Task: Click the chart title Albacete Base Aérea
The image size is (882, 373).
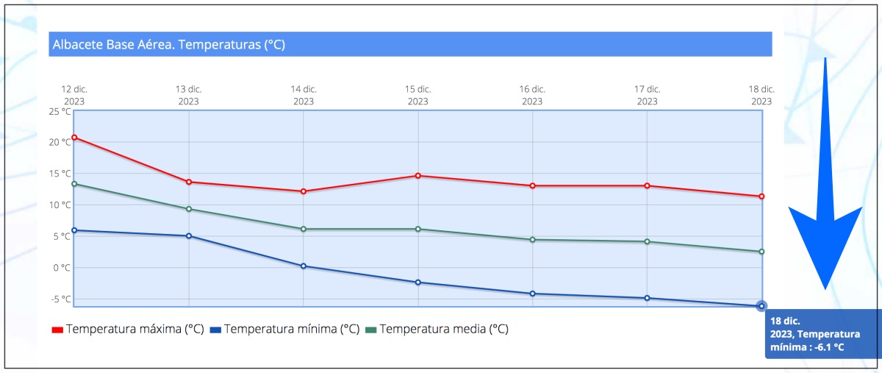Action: [168, 45]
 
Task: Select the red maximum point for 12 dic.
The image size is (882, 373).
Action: [74, 138]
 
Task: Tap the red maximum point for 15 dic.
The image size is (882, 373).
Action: [418, 176]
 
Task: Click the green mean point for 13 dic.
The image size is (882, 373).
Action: [189, 209]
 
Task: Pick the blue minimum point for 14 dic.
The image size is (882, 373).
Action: [304, 266]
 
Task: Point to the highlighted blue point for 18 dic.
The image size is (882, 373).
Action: [761, 306]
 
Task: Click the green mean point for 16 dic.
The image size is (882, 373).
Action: [532, 240]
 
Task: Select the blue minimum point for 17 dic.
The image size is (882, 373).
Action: [647, 298]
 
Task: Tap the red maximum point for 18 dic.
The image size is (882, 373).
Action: [761, 196]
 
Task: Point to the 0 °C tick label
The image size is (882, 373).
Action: [62, 268]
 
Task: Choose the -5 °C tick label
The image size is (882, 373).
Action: [60, 299]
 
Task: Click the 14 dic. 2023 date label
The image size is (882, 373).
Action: [304, 96]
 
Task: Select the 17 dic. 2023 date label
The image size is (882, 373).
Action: [647, 96]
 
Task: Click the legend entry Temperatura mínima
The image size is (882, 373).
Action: [284, 330]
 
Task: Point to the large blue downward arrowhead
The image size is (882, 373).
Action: [825, 243]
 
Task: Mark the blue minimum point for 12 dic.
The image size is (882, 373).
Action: [74, 230]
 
